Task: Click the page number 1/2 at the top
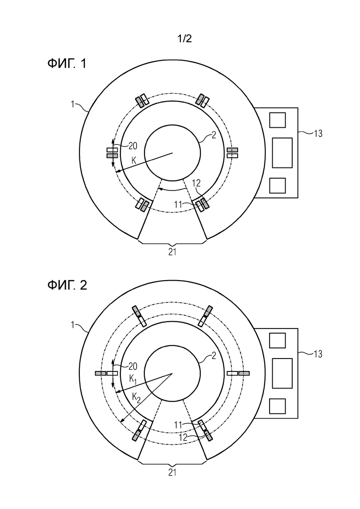[184, 39]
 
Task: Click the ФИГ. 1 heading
[67, 64]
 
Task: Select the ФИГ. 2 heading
[67, 285]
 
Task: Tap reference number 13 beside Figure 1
[318, 133]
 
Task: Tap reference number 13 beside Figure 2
[318, 353]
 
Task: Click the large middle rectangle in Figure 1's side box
[282, 153]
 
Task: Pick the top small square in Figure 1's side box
[277, 120]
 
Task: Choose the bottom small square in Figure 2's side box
[277, 406]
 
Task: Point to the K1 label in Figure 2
[132, 379]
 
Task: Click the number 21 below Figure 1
[172, 252]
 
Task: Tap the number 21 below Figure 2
[172, 473]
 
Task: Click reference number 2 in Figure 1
[214, 135]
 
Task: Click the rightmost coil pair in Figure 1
[233, 153]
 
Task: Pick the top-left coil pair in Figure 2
[138, 316]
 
